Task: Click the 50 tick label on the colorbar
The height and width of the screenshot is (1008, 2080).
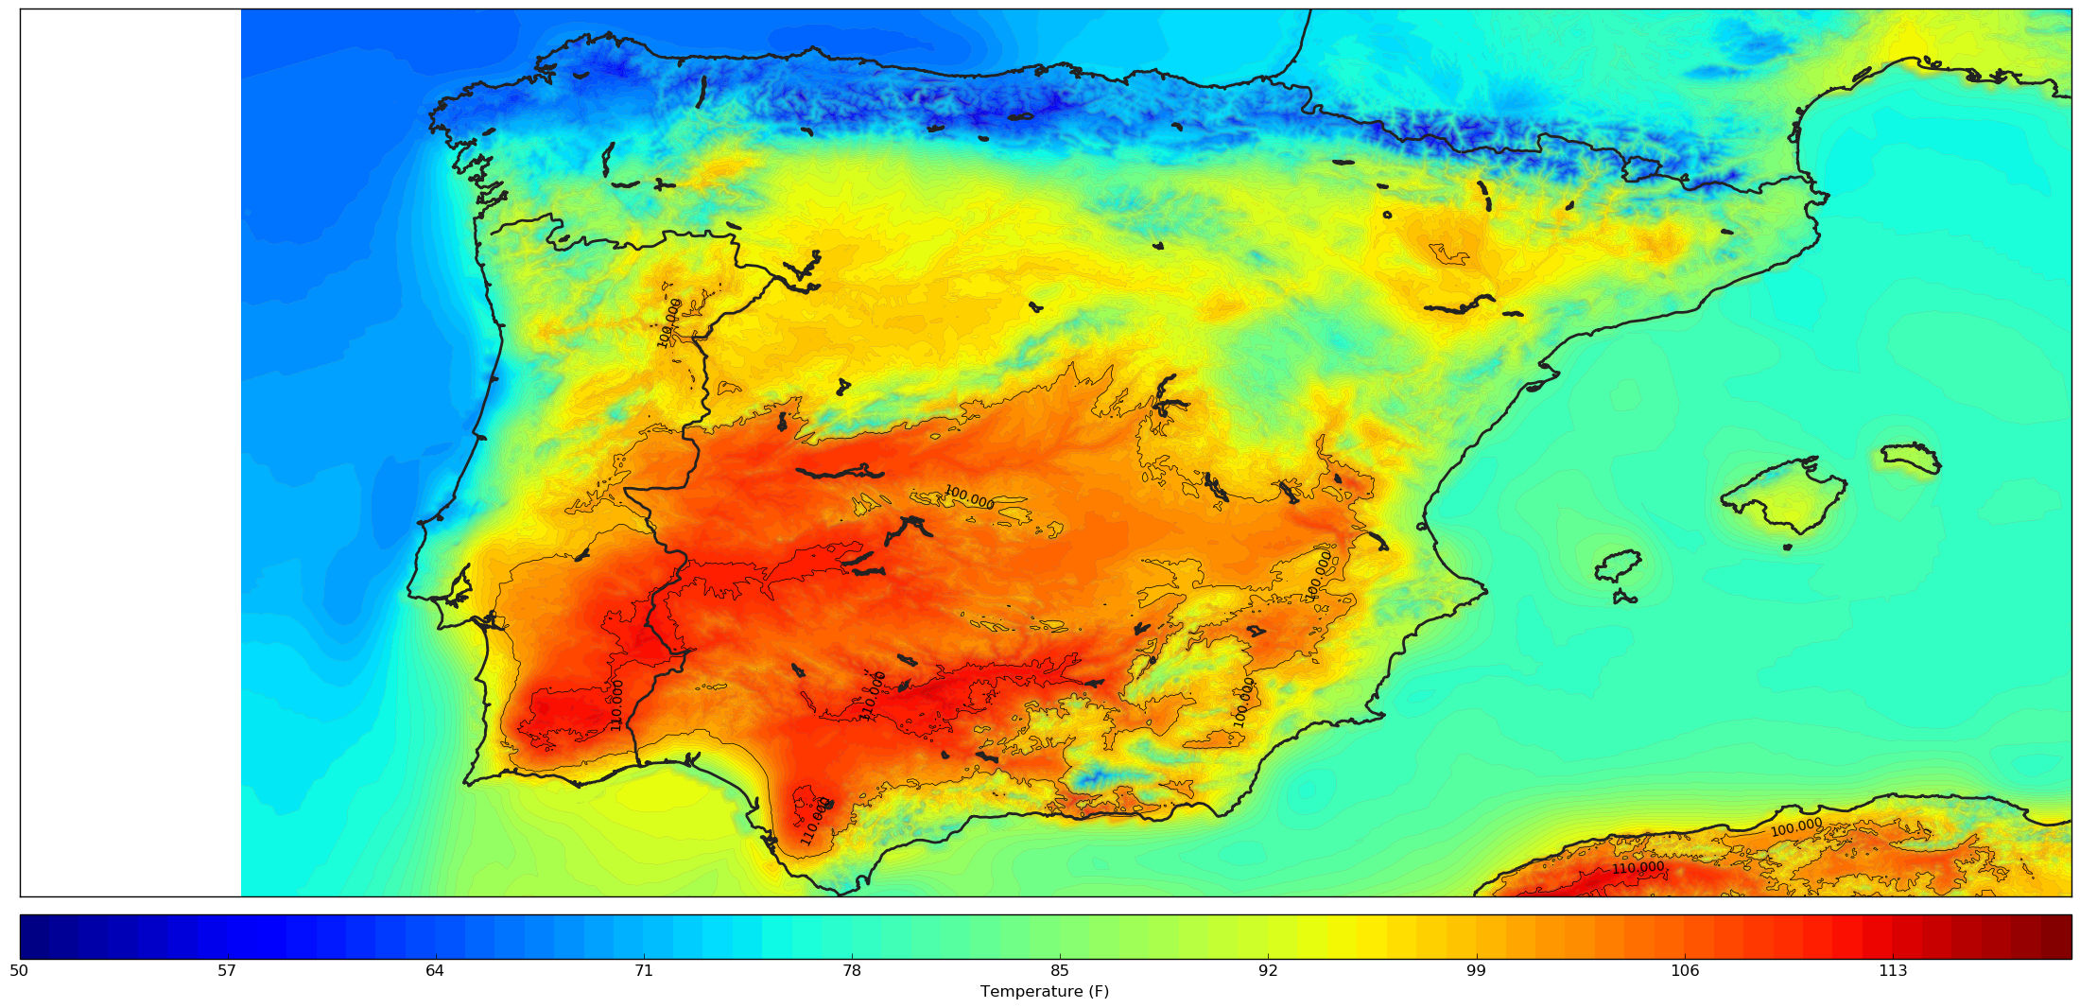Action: (x=18, y=971)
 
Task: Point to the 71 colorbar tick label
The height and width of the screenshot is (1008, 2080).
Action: (x=643, y=971)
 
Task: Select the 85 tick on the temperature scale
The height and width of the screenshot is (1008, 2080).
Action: (x=1060, y=971)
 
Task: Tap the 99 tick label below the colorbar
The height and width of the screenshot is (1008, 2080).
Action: (x=1476, y=971)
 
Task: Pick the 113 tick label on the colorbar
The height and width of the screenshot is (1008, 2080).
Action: (x=1893, y=971)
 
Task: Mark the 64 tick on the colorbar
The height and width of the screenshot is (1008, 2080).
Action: (x=435, y=971)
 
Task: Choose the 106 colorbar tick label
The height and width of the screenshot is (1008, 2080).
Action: (x=1685, y=971)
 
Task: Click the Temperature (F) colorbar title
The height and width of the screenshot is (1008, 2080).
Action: (x=1045, y=992)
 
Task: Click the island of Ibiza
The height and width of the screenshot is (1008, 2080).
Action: (x=1618, y=565)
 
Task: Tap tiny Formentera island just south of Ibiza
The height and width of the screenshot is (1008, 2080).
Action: (x=1625, y=598)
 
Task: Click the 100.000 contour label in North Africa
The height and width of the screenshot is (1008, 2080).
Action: (x=1796, y=827)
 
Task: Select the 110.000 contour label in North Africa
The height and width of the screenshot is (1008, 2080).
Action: (x=1638, y=868)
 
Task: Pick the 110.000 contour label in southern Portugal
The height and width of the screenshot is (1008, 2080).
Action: (x=617, y=704)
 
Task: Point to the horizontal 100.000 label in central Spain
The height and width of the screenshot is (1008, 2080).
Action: (x=969, y=497)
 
